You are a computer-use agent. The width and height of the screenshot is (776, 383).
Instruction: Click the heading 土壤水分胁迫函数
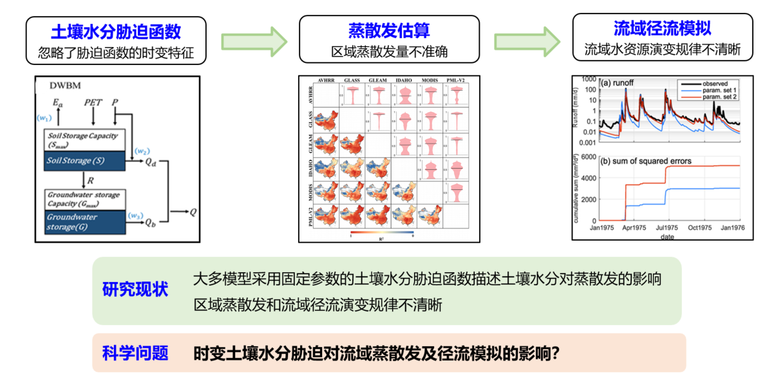116,30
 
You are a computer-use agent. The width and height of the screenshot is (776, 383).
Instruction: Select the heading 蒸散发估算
389,30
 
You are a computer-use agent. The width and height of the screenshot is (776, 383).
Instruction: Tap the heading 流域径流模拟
662,28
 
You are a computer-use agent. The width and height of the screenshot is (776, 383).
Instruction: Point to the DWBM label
64,85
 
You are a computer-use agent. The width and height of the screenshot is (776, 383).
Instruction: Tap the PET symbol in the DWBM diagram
93,103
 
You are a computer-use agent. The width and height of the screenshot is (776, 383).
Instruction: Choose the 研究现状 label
135,290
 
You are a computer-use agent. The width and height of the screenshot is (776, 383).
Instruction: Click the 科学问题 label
135,353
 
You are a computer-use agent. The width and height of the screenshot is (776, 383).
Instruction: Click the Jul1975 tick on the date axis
667,227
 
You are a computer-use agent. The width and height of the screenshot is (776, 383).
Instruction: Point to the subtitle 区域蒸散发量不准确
389,51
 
